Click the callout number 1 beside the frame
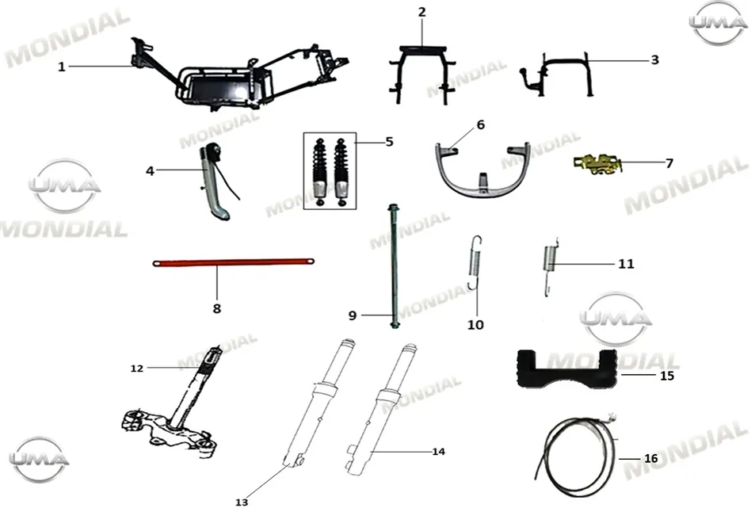click(x=61, y=67)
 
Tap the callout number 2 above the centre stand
click(x=421, y=12)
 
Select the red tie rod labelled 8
click(x=234, y=262)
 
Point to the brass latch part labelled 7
click(x=597, y=164)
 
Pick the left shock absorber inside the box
click(x=319, y=172)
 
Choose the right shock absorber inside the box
click(x=341, y=172)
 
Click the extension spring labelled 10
click(x=475, y=262)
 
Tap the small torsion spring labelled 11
click(x=549, y=267)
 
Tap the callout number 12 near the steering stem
click(x=137, y=369)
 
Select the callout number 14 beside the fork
click(x=438, y=452)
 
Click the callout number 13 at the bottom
click(x=242, y=502)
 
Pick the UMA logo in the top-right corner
click(x=718, y=23)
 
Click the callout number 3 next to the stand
click(x=655, y=60)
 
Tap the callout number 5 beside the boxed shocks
click(x=389, y=142)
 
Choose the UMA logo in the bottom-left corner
click(x=39, y=460)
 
